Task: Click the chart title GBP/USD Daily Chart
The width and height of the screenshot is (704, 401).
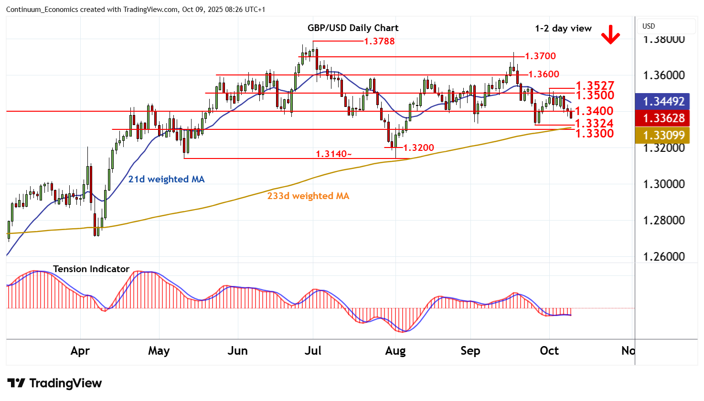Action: click(x=353, y=28)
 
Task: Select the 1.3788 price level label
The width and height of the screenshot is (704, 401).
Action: click(x=379, y=42)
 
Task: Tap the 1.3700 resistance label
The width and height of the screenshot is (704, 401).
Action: click(x=540, y=56)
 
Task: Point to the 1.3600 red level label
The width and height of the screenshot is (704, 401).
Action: click(x=544, y=74)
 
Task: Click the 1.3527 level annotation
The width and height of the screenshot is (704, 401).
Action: click(x=595, y=86)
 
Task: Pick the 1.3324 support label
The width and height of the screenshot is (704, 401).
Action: click(x=594, y=124)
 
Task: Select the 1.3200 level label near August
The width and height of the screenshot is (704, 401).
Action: click(x=418, y=148)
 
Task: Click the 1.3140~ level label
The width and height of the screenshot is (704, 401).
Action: click(x=334, y=154)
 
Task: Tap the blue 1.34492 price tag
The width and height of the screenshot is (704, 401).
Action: click(x=663, y=102)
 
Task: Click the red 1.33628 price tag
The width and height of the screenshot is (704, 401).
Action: click(x=663, y=118)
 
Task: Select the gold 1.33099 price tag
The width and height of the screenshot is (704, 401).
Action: click(x=663, y=136)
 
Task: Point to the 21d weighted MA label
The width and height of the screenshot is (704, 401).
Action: click(x=166, y=179)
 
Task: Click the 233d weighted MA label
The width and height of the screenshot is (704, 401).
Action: click(x=308, y=196)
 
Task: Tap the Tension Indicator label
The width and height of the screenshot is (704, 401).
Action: click(x=91, y=269)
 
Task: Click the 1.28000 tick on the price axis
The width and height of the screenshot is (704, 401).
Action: click(x=664, y=221)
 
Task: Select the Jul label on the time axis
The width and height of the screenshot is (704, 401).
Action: click(x=313, y=351)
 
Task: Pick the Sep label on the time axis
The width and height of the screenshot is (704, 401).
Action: click(x=470, y=351)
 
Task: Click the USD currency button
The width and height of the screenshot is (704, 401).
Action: click(x=649, y=26)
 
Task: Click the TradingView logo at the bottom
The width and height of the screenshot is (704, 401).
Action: click(x=54, y=383)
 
